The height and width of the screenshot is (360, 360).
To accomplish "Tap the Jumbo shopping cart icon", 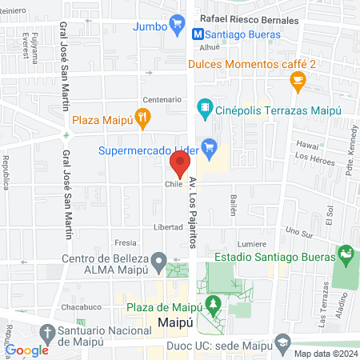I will [x=176, y=26].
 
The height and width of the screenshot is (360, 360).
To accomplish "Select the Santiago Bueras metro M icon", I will [x=197, y=35].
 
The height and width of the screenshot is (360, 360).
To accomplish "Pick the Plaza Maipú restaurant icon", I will [x=142, y=120].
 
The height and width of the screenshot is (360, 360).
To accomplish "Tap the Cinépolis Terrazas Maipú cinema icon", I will [x=206, y=106].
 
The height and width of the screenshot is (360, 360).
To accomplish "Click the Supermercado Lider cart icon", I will [x=210, y=146].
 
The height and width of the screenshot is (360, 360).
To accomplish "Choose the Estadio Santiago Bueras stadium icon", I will [x=346, y=256].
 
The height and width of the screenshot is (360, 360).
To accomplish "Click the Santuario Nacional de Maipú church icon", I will [x=47, y=331].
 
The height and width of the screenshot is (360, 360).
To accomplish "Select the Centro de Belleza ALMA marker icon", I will [x=158, y=262].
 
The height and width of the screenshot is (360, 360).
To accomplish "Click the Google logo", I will [x=27, y=350].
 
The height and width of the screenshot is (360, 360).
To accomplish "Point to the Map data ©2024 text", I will [x=324, y=354].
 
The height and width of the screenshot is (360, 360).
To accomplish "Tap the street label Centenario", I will [x=158, y=100].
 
